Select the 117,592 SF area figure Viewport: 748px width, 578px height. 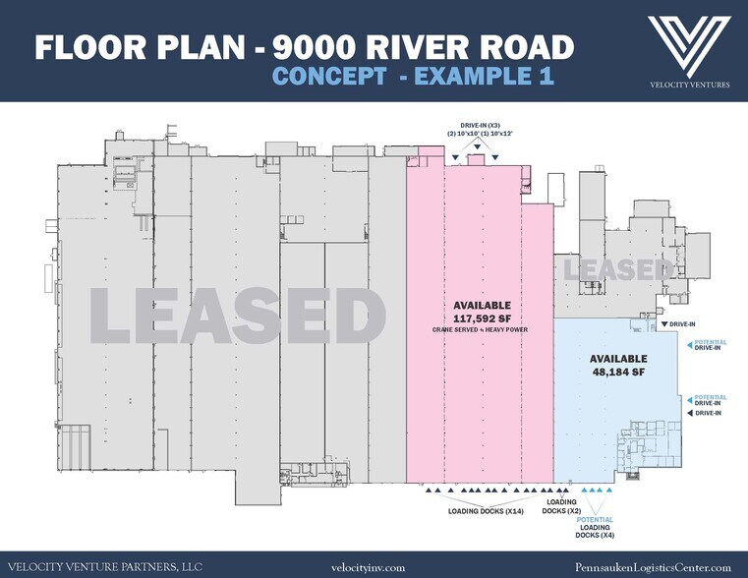[x=483, y=317]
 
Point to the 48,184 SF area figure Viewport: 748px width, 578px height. [x=617, y=372]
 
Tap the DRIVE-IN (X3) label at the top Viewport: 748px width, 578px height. [x=477, y=125]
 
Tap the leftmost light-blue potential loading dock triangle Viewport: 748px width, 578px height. [x=585, y=491]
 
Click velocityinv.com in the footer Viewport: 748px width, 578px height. [x=373, y=566]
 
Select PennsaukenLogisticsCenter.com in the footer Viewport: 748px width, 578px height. [x=653, y=566]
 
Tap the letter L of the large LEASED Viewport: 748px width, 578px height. [x=117, y=318]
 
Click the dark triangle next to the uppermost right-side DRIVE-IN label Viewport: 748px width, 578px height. [x=664, y=324]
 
